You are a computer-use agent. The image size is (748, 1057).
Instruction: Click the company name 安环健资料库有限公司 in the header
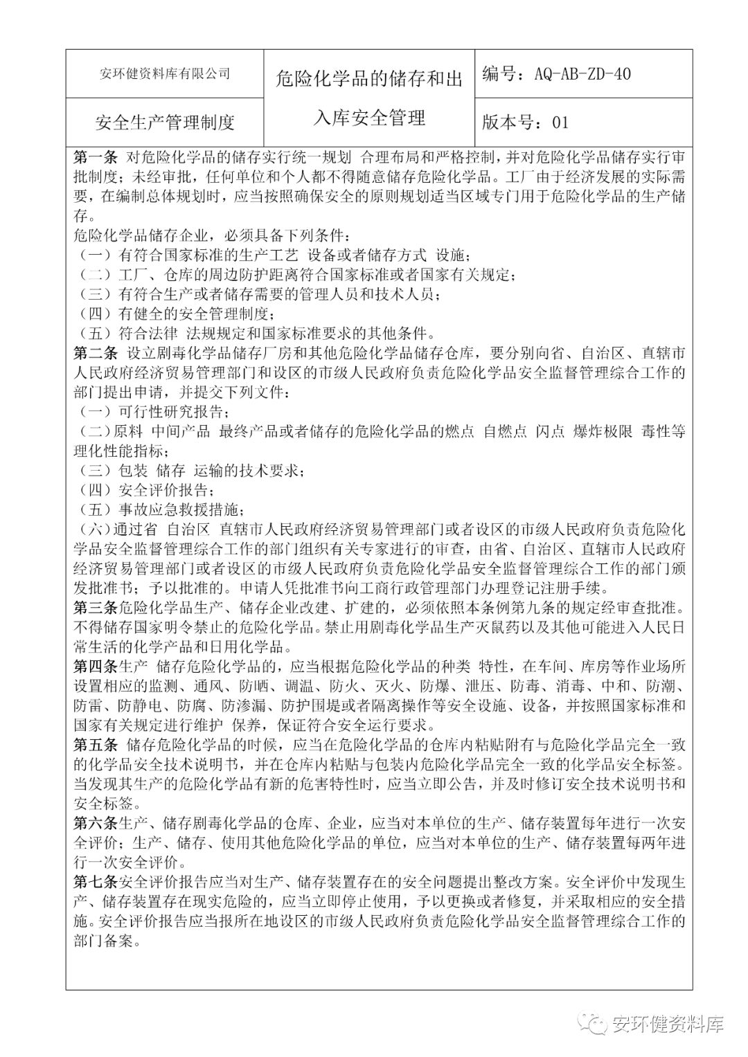pos(166,73)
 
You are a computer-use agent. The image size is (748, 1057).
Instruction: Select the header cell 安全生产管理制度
pos(165,123)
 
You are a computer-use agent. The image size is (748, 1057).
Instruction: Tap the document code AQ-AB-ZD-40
pos(582,74)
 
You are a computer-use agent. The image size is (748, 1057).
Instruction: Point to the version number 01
pos(560,123)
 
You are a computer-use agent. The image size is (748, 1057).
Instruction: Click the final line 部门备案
pos(107,941)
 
